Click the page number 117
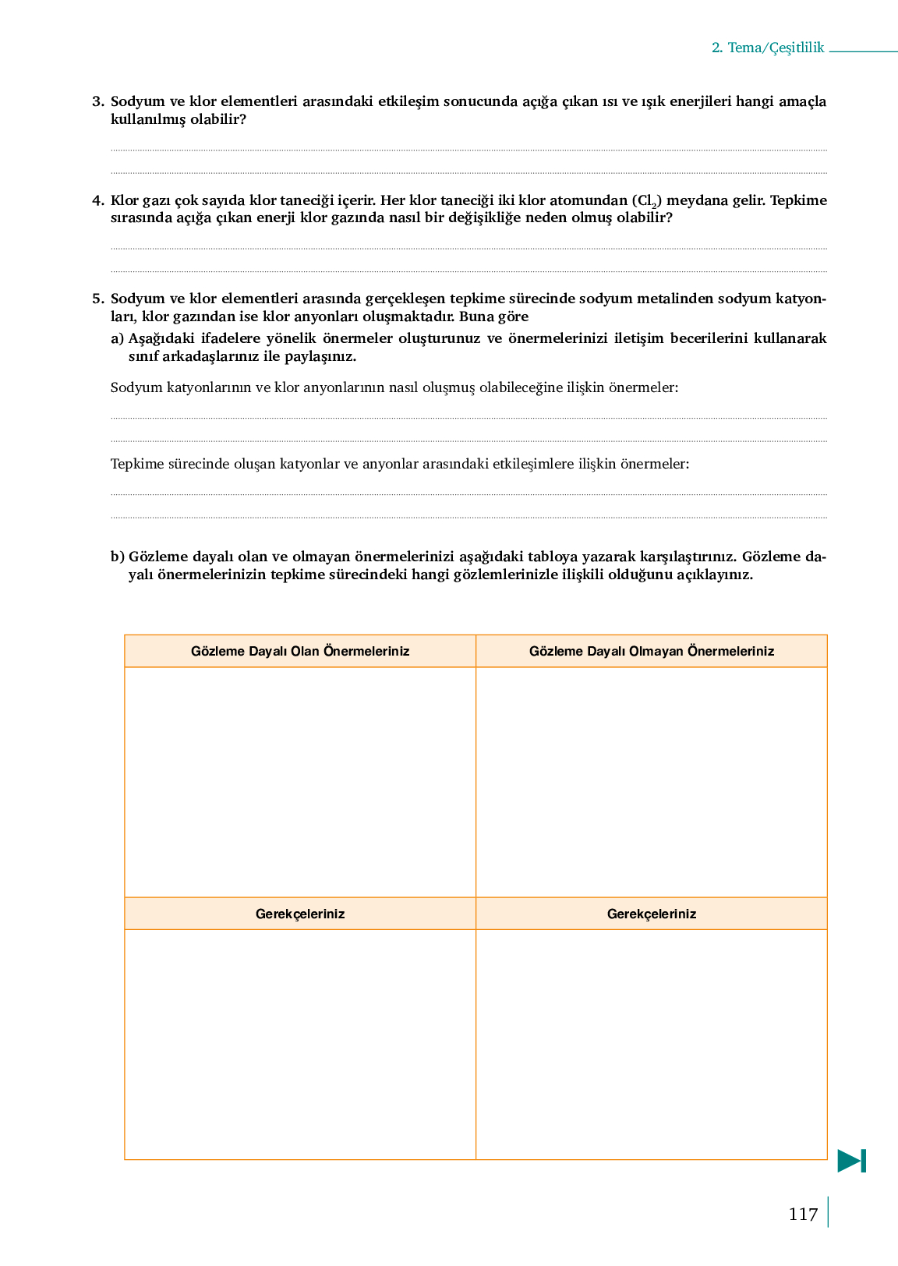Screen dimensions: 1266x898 (x=803, y=1214)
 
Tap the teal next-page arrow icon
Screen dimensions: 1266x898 (x=851, y=1161)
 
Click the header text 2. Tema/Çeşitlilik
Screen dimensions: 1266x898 (x=767, y=48)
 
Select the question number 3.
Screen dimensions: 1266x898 (x=97, y=101)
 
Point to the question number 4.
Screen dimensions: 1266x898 (x=97, y=200)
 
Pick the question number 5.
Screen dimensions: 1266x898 (x=97, y=299)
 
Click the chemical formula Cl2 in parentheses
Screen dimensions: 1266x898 (x=647, y=201)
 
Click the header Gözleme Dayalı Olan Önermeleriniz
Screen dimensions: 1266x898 (x=300, y=651)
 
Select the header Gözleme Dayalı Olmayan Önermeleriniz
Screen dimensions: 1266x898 (x=652, y=651)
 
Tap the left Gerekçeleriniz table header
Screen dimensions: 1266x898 (x=300, y=914)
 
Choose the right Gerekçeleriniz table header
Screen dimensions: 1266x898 (x=652, y=914)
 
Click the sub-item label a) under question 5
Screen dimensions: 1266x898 (x=118, y=338)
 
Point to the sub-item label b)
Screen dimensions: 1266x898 (x=118, y=557)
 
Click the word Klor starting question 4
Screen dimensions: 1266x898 (x=125, y=200)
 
